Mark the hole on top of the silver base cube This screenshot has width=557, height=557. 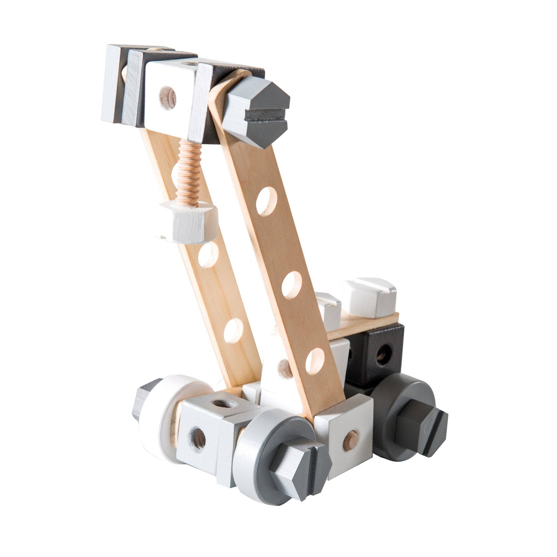pos(222,404)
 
